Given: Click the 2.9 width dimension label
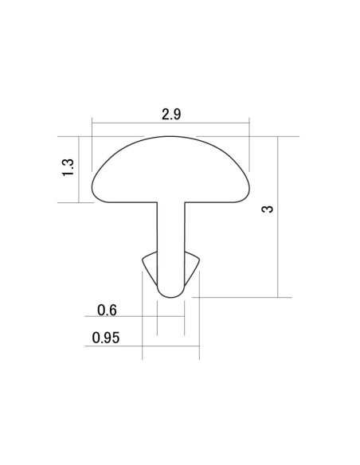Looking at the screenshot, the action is [171, 114].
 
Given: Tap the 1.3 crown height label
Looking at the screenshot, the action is [68, 167].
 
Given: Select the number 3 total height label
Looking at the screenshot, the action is [267, 209].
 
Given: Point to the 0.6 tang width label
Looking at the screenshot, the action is [107, 311].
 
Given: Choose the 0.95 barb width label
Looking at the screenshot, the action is [106, 338].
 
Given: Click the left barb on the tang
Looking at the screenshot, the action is [150, 268].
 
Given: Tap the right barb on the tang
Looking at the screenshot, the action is [192, 268].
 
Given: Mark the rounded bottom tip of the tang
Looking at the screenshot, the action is [170, 297].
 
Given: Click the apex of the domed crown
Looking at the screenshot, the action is [170, 137].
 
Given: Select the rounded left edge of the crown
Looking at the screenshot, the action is [92, 189].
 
